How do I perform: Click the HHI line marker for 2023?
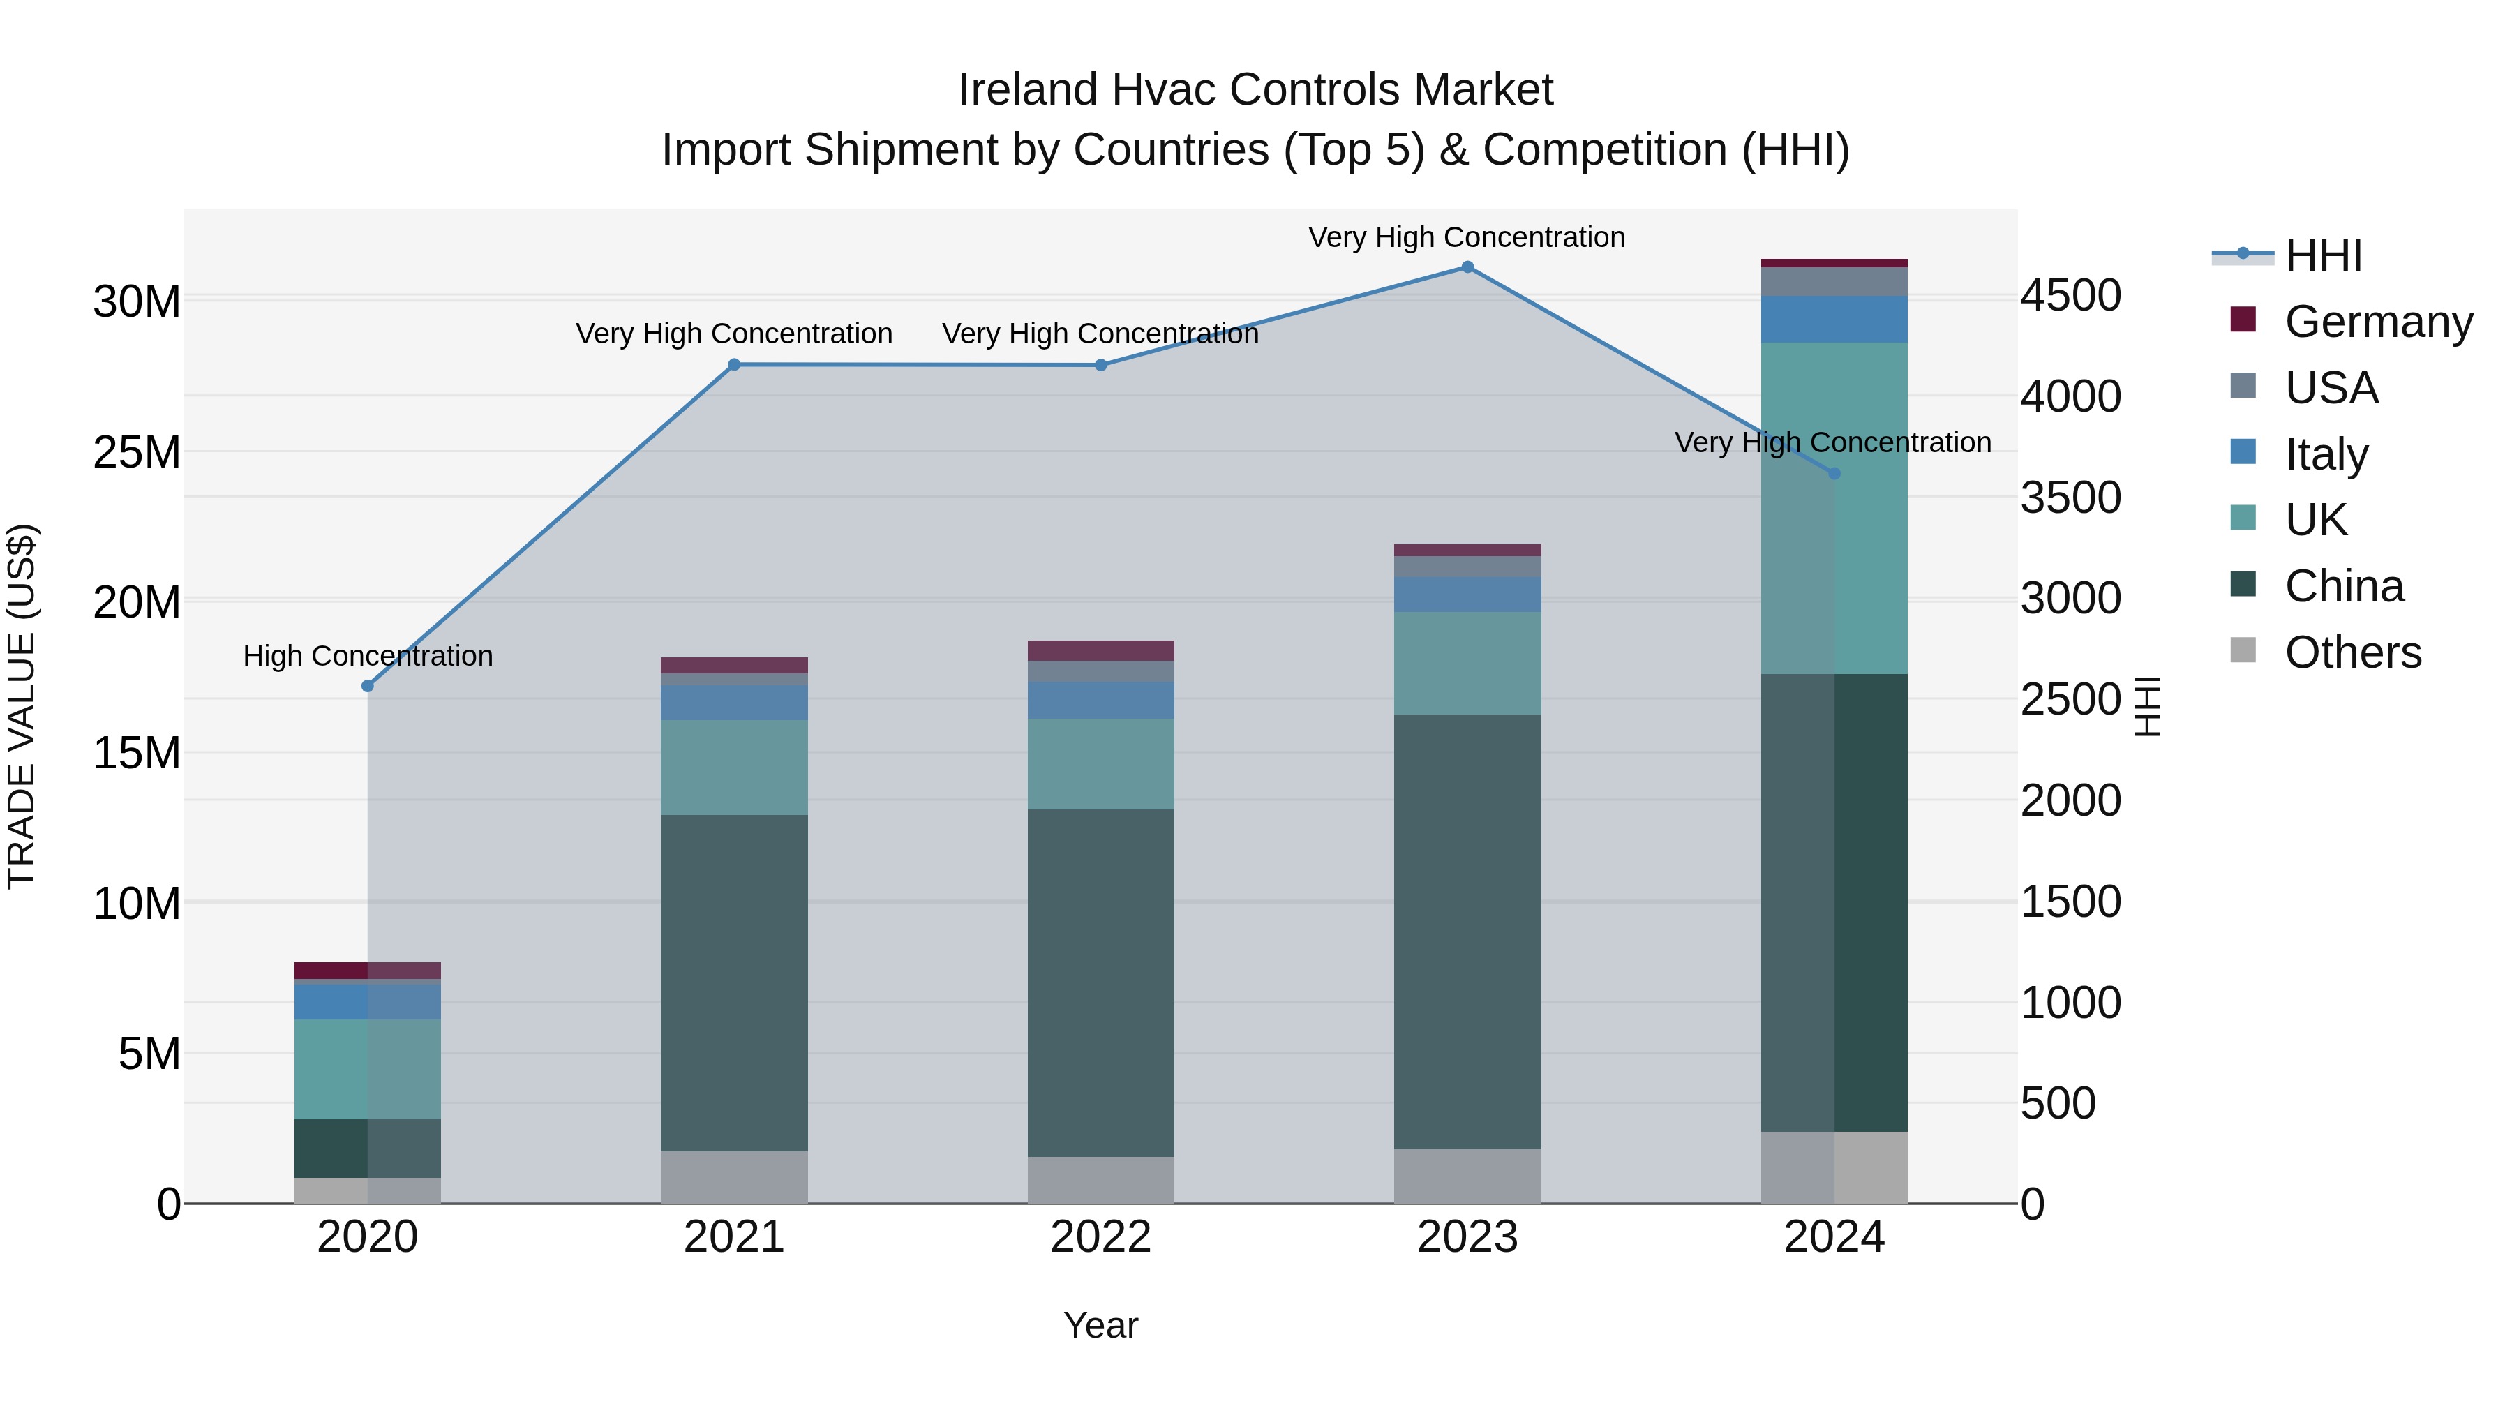click(1467, 267)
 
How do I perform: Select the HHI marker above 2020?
click(368, 687)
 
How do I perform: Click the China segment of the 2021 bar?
click(734, 983)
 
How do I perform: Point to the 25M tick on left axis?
click(137, 452)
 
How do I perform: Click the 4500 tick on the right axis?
click(2070, 295)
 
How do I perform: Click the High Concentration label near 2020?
click(368, 657)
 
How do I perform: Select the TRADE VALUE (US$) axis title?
click(22, 706)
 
